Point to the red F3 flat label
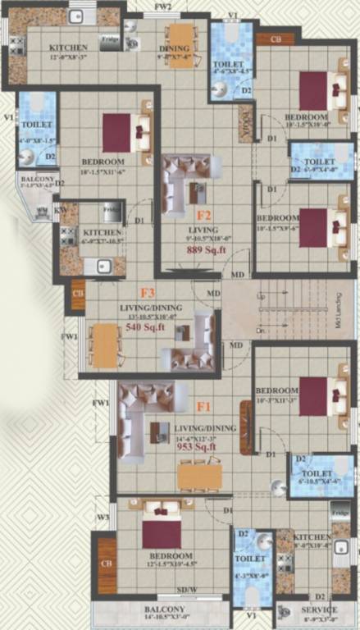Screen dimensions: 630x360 (x=148, y=292)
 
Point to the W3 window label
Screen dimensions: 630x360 (x=103, y=518)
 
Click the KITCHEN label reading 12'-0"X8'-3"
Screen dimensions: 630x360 (x=68, y=51)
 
